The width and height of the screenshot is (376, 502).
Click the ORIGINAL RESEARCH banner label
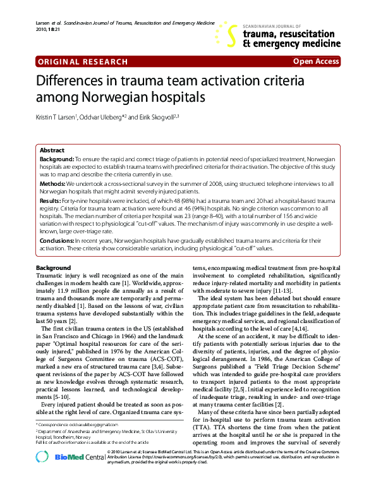[75, 62]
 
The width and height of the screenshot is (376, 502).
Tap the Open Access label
[316, 62]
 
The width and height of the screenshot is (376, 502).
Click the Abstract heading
[52, 150]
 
